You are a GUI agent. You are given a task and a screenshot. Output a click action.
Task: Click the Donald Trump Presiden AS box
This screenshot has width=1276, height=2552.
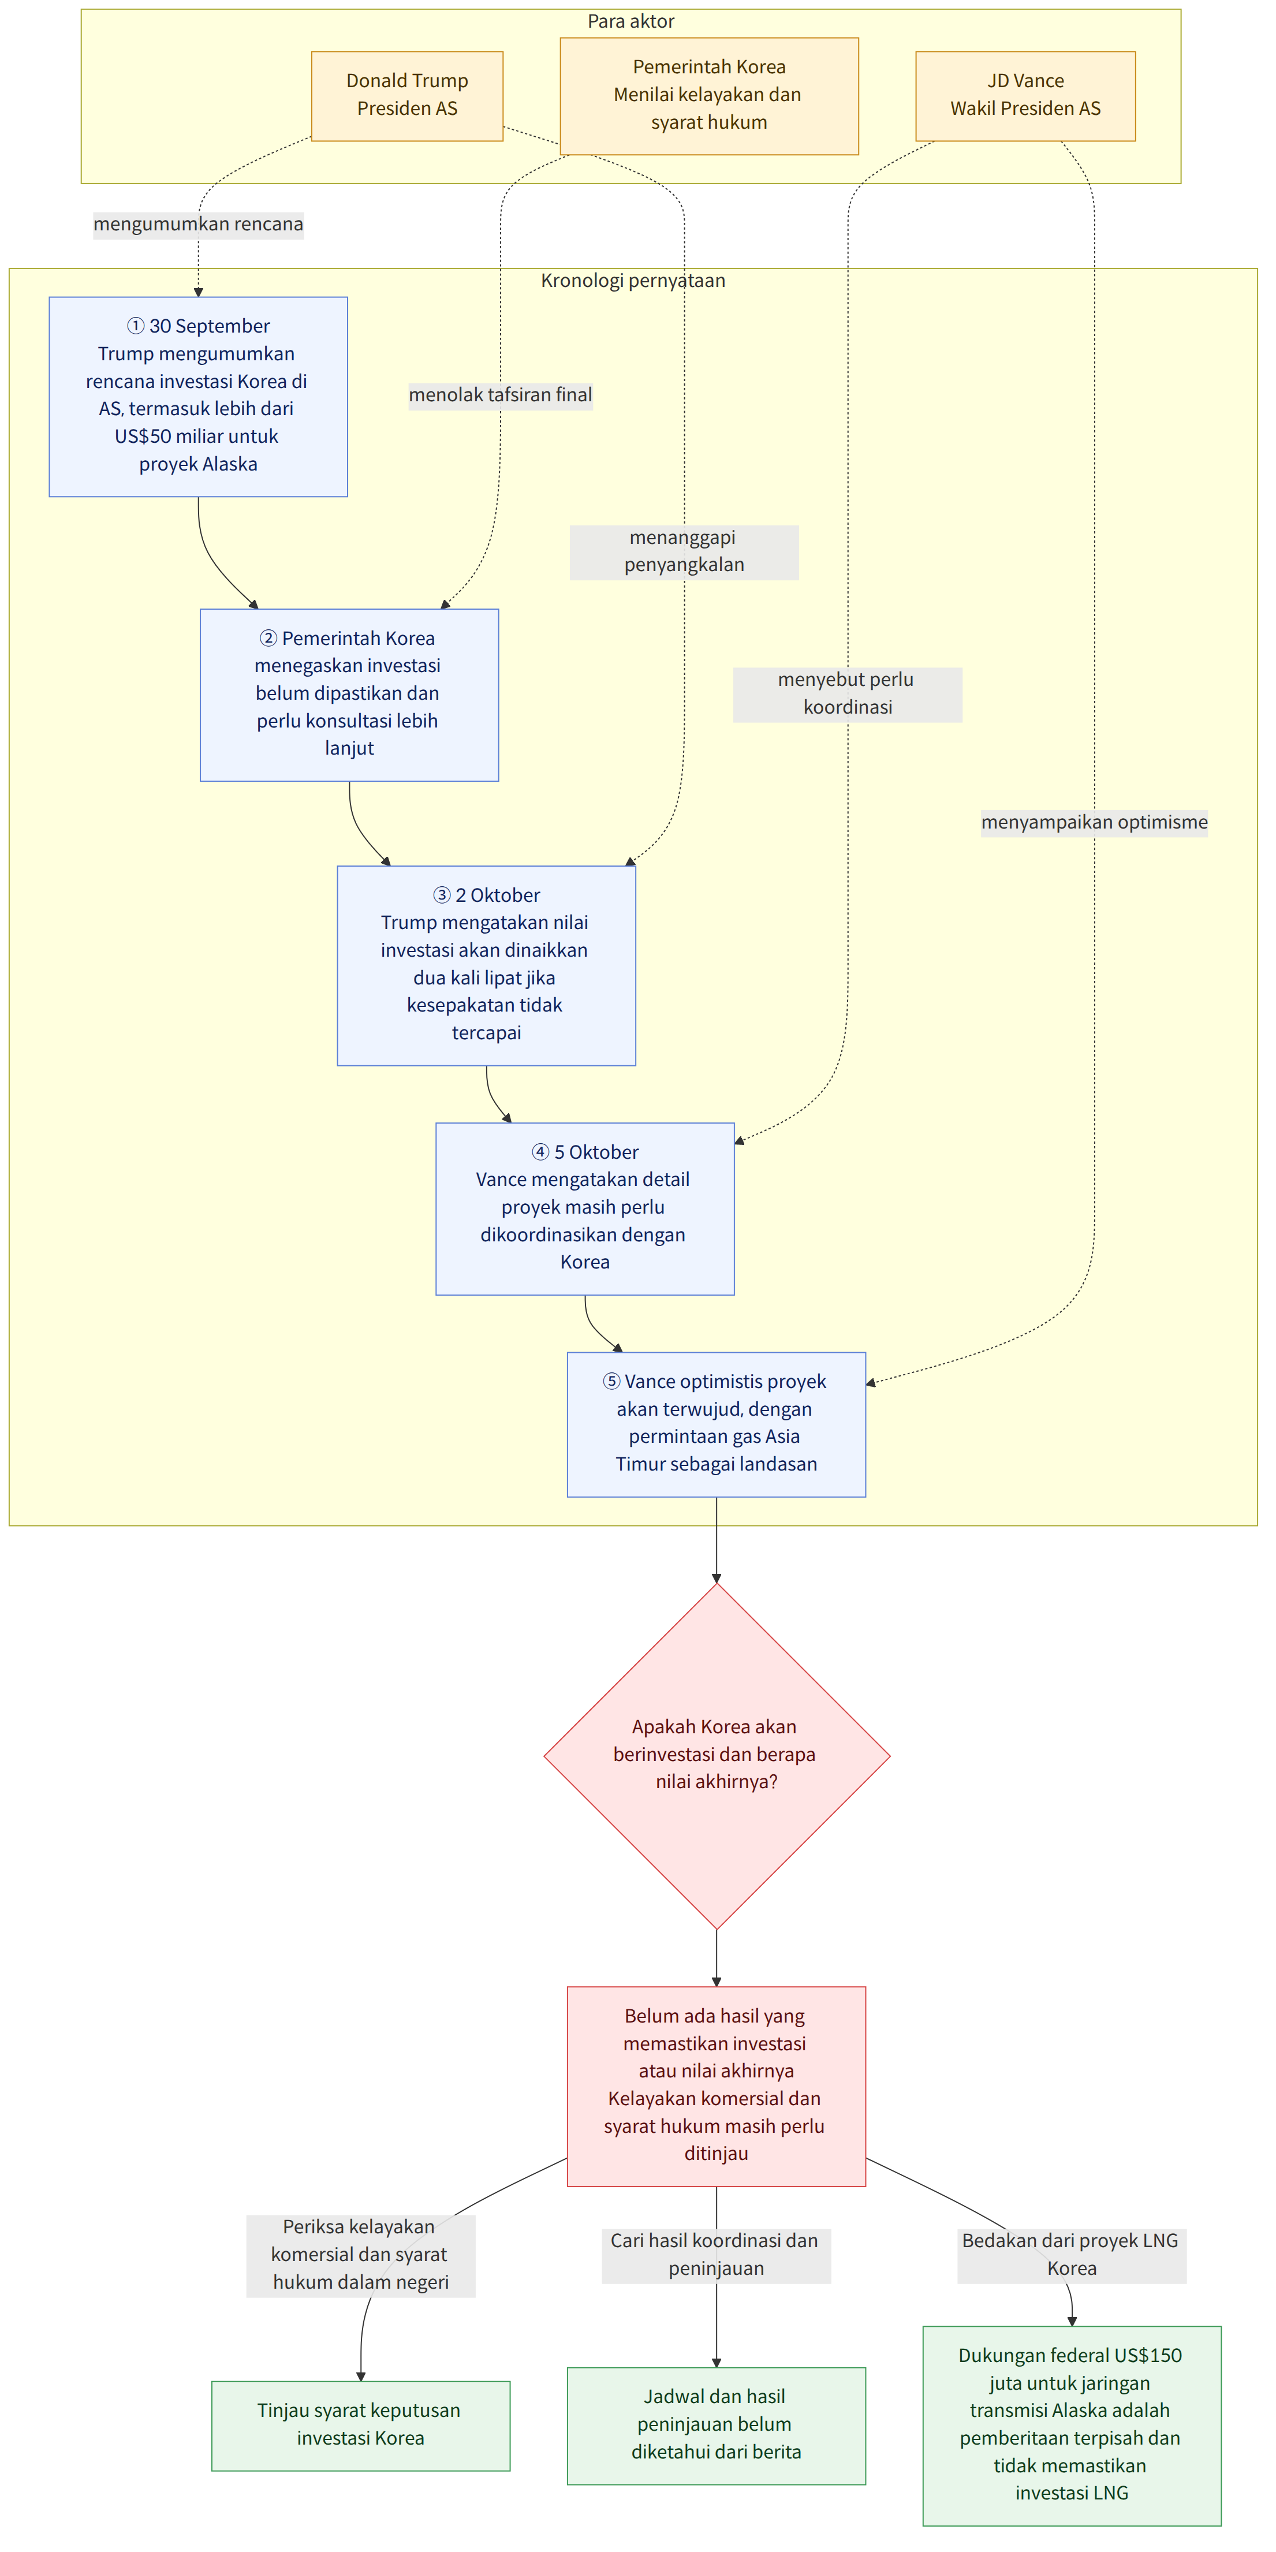[407, 96]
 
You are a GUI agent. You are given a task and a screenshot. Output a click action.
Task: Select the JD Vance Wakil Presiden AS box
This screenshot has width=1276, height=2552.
[1025, 96]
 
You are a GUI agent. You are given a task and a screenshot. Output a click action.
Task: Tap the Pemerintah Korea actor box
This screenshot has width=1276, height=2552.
[710, 96]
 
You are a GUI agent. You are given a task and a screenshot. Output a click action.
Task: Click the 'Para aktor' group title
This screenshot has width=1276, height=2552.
[631, 21]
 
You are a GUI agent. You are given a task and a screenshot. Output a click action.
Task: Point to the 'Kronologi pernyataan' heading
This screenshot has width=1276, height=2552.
[633, 281]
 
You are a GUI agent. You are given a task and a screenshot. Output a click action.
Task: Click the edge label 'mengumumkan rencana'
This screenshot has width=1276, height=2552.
[198, 224]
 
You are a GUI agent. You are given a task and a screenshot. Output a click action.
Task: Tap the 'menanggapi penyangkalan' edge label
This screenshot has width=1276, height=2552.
[684, 552]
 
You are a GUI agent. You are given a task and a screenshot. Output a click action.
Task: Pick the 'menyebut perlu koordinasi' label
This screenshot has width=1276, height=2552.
[847, 693]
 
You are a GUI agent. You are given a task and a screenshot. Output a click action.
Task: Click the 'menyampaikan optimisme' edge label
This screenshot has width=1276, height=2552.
[1094, 822]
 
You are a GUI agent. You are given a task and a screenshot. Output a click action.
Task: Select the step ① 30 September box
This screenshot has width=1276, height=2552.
[198, 396]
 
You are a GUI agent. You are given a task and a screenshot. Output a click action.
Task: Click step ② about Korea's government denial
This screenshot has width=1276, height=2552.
[349, 695]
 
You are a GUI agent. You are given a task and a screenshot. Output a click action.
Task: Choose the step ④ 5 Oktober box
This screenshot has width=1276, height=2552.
[584, 1208]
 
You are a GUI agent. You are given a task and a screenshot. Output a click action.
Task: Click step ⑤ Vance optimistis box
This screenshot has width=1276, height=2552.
[717, 1424]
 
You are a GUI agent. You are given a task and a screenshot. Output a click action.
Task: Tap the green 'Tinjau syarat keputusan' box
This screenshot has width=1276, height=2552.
[361, 2425]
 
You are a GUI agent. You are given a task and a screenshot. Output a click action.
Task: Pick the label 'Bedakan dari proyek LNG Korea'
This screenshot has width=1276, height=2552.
[1071, 2255]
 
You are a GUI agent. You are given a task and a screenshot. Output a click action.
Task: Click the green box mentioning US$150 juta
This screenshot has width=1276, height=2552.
[1071, 2425]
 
